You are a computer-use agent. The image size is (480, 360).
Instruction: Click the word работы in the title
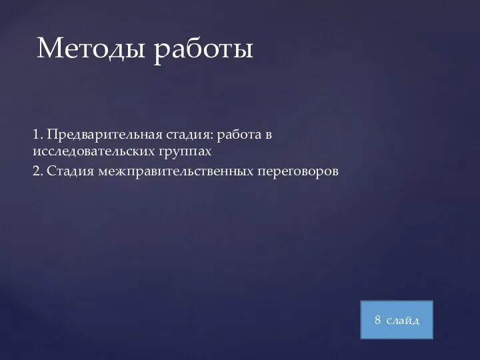tap(203, 50)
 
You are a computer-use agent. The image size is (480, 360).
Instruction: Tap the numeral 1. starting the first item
tap(37, 135)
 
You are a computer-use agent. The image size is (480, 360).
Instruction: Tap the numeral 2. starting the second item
tap(37, 172)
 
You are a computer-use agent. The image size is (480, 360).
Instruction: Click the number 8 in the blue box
tap(378, 321)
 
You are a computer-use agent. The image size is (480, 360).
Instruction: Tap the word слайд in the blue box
tap(403, 321)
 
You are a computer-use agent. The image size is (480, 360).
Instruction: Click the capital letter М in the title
tap(50, 48)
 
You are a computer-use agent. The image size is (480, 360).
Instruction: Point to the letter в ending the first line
tap(269, 136)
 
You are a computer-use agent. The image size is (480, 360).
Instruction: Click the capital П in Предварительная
tap(52, 135)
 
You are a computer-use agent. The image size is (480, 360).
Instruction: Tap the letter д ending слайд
tap(416, 321)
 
